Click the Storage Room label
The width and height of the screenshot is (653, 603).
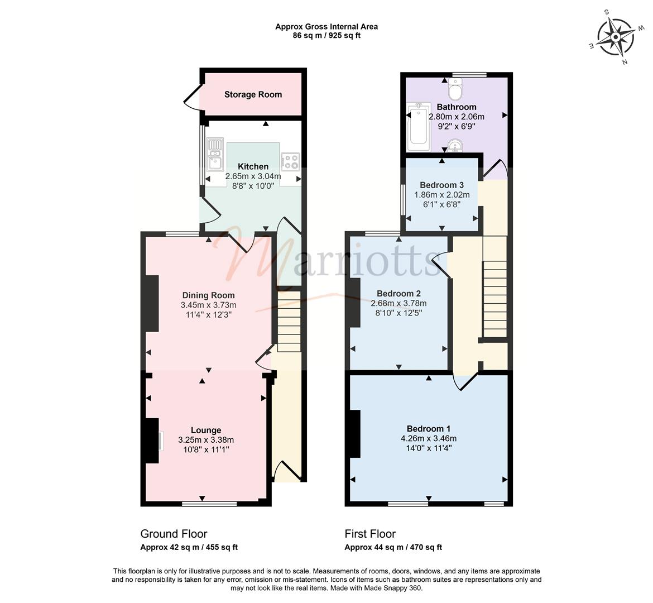[x=253, y=94]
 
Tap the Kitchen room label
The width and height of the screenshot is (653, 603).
[x=253, y=167]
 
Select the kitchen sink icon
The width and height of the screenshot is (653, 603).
[x=215, y=155]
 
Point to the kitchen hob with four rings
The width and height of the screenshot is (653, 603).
[x=290, y=162]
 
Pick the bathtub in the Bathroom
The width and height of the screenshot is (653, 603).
[x=418, y=127]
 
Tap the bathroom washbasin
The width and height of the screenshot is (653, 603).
[x=455, y=146]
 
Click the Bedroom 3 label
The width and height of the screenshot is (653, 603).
[x=441, y=185]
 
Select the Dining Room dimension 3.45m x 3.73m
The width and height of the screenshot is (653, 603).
[x=208, y=305]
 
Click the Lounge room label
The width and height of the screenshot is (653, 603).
[x=206, y=430]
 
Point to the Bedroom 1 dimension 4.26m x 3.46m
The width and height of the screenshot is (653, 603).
[x=429, y=438]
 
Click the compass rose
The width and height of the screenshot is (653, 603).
[x=616, y=37]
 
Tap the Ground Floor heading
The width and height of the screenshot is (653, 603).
[x=174, y=534]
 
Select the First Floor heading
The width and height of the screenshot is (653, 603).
[x=370, y=534]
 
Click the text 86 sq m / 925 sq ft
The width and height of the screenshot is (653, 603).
[x=326, y=36]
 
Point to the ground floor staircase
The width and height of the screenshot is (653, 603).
[x=289, y=321]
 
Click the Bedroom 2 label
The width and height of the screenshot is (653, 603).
[x=398, y=293]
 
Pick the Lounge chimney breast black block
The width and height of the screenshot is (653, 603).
[x=152, y=441]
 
